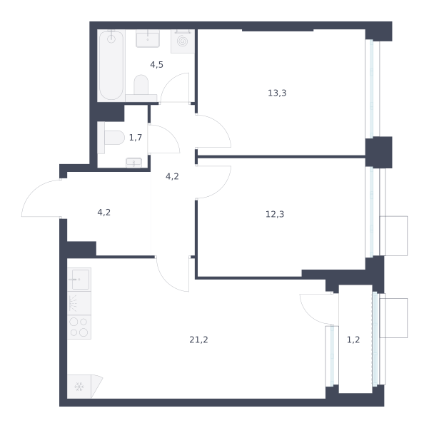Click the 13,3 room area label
(277, 93)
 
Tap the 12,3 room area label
(275, 214)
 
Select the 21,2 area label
(198, 340)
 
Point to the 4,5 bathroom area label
(156, 65)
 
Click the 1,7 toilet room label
(136, 137)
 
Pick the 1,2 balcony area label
(353, 340)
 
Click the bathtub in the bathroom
(111, 66)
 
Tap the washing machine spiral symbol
(182, 41)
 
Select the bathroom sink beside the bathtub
(148, 39)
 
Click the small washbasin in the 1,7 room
(133, 163)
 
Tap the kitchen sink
(79, 279)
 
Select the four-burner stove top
(79, 327)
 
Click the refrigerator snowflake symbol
(79, 387)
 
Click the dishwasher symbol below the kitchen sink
(79, 303)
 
